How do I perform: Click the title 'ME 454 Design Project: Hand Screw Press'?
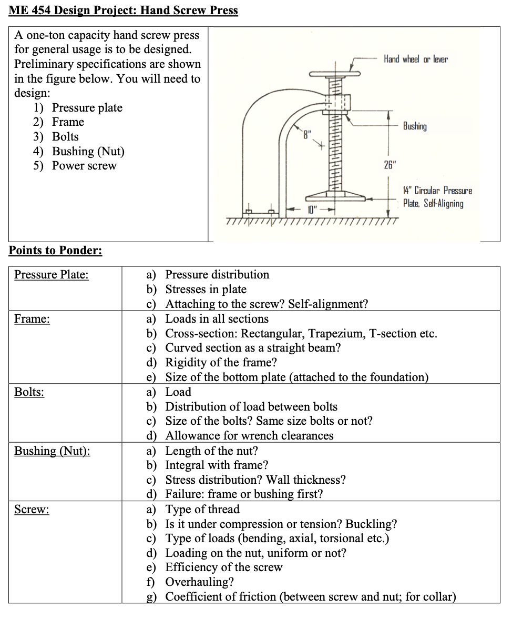(123, 11)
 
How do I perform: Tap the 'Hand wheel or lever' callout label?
(415, 59)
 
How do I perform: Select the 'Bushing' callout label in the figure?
(415, 126)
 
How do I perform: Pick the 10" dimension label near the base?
(314, 210)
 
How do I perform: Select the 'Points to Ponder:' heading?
(55, 250)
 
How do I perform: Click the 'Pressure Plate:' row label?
(51, 275)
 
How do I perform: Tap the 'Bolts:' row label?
(29, 392)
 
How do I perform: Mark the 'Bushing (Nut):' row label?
(52, 451)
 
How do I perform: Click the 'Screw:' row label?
(32, 510)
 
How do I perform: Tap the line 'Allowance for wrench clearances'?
(249, 436)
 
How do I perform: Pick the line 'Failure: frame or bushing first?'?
(244, 494)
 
